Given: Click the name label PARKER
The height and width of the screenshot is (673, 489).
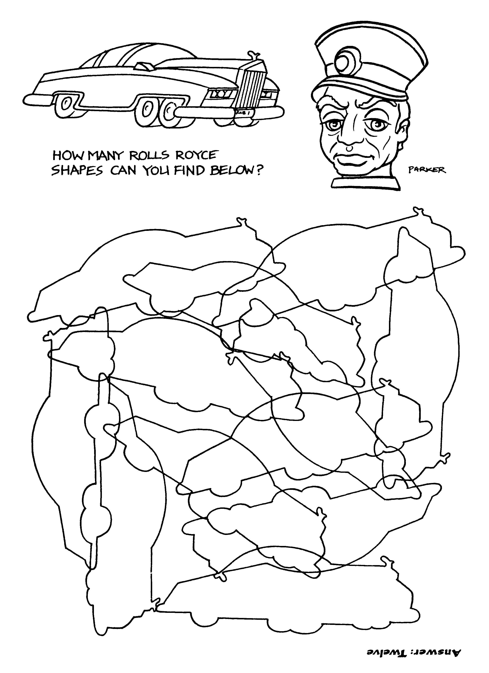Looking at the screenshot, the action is pyautogui.click(x=427, y=170).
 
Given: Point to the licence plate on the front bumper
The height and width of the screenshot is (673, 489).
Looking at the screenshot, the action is pyautogui.click(x=243, y=113).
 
